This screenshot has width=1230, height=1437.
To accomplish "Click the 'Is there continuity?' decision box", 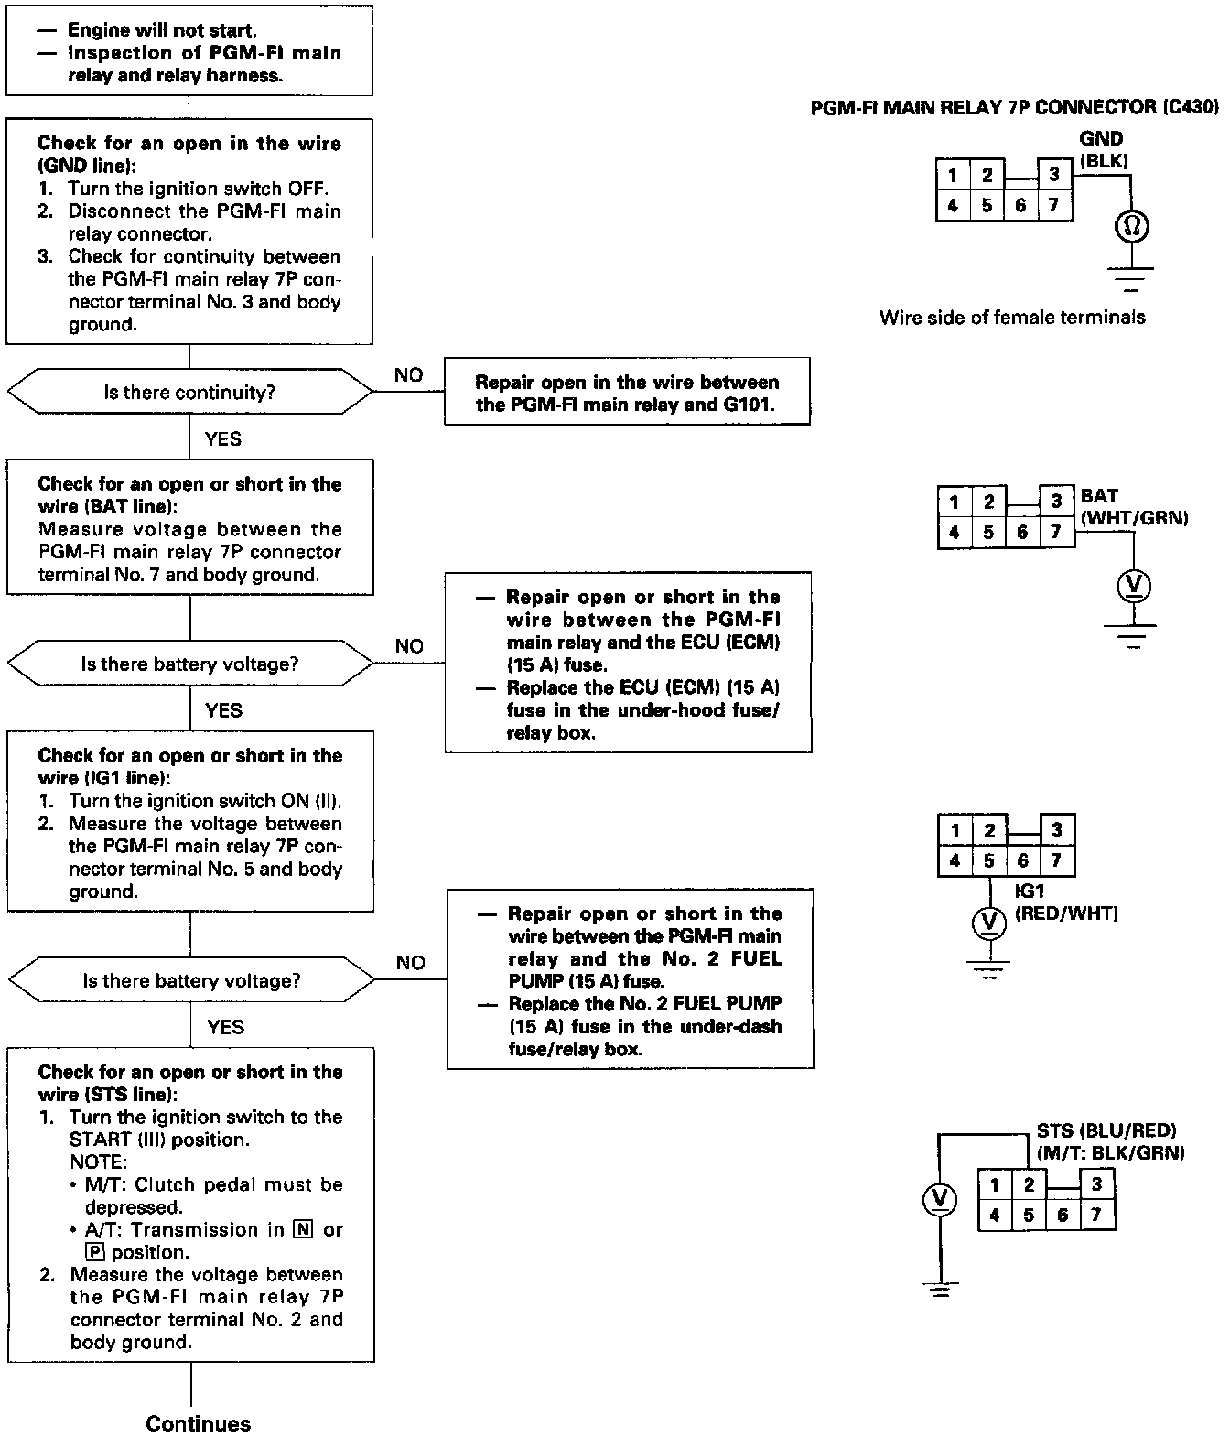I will (x=189, y=393).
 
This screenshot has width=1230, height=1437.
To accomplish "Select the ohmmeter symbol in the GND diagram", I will (x=1132, y=226).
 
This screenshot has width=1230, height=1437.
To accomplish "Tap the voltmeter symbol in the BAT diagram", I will (x=1134, y=587).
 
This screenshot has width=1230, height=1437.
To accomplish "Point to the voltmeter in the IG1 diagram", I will (x=988, y=923).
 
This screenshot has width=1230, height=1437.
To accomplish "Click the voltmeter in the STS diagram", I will (x=938, y=1199).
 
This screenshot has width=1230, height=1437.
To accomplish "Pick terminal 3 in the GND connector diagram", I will (x=1054, y=175).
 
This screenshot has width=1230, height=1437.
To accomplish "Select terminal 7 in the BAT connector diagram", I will (x=1056, y=532).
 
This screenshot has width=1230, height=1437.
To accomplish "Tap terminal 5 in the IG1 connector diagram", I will (x=989, y=860).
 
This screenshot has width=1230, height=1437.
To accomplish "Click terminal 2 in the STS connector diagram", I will (x=1029, y=1185).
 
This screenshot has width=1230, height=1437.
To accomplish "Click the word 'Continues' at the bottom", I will (x=198, y=1423).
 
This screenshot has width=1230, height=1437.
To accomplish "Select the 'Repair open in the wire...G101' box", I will (x=627, y=394).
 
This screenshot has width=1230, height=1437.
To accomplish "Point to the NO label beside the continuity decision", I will (x=409, y=375).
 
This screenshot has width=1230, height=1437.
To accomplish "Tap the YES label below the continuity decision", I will (x=223, y=439).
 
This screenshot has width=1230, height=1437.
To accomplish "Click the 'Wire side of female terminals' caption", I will (x=1012, y=318).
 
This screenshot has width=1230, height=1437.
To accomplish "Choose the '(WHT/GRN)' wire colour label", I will (x=1134, y=519).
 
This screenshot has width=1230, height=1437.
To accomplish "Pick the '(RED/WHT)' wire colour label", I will (x=1067, y=913).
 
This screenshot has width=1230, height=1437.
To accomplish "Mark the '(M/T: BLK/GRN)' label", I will (x=1111, y=1153).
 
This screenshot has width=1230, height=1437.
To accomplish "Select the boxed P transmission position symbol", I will (x=92, y=1252).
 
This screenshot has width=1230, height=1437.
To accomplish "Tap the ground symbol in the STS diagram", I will (x=938, y=1291).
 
